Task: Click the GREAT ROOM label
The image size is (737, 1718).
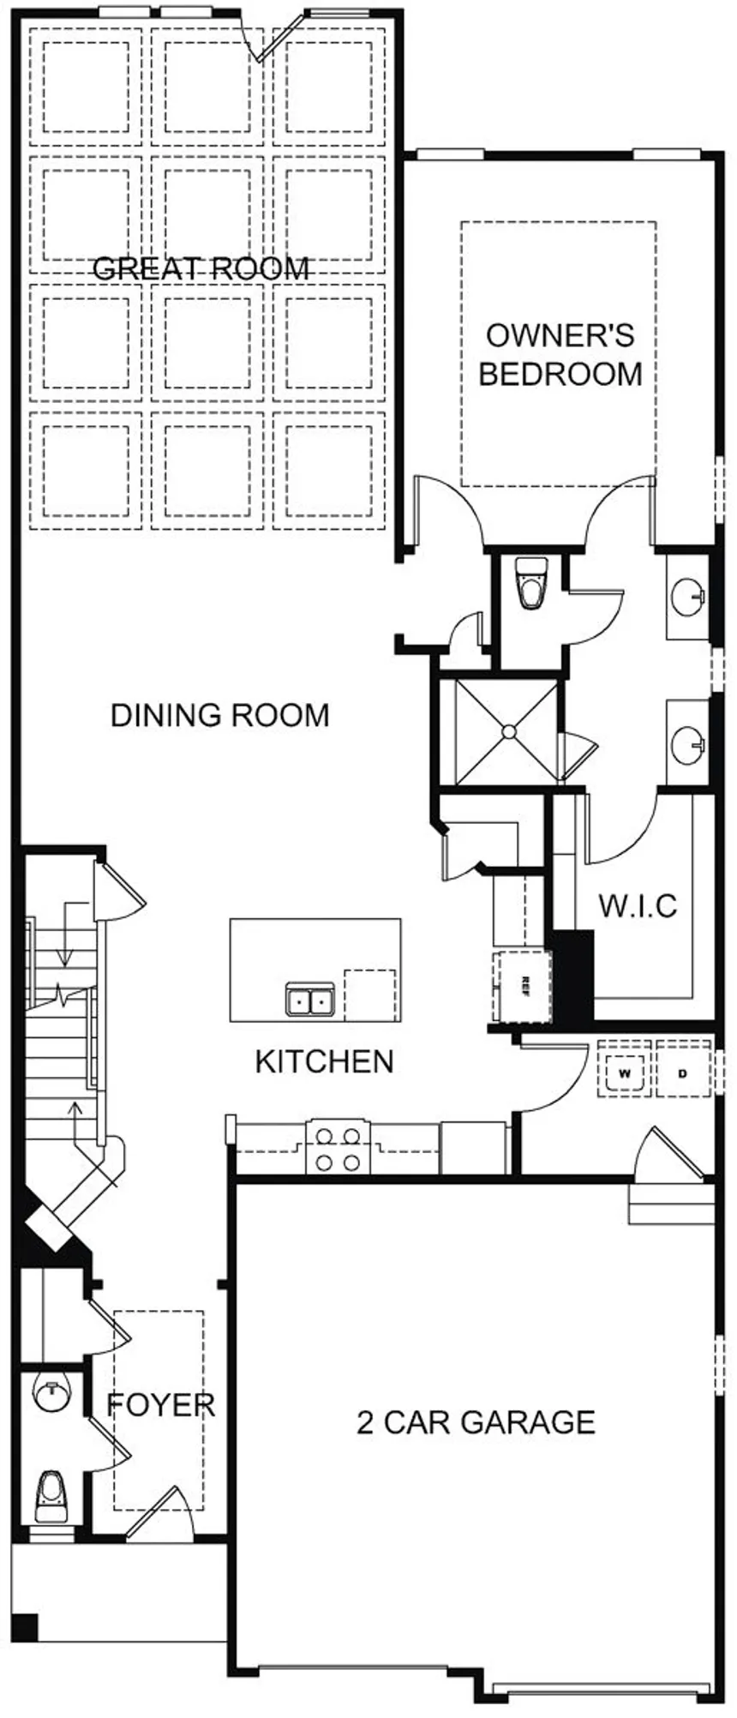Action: pyautogui.click(x=201, y=269)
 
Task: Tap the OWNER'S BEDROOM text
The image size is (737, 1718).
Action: pyautogui.click(x=560, y=355)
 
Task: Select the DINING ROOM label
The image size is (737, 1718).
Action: pyautogui.click(x=220, y=715)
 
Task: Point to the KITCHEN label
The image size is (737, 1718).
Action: pyautogui.click(x=324, y=1061)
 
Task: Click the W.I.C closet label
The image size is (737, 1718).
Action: pyautogui.click(x=638, y=905)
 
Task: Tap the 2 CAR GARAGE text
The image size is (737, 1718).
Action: pyautogui.click(x=476, y=1422)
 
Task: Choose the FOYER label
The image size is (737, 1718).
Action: pyautogui.click(x=160, y=1405)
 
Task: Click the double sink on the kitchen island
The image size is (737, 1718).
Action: pyautogui.click(x=309, y=1000)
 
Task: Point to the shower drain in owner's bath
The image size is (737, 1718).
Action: pyautogui.click(x=508, y=731)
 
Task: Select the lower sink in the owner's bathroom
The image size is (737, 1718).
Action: pyautogui.click(x=688, y=743)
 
